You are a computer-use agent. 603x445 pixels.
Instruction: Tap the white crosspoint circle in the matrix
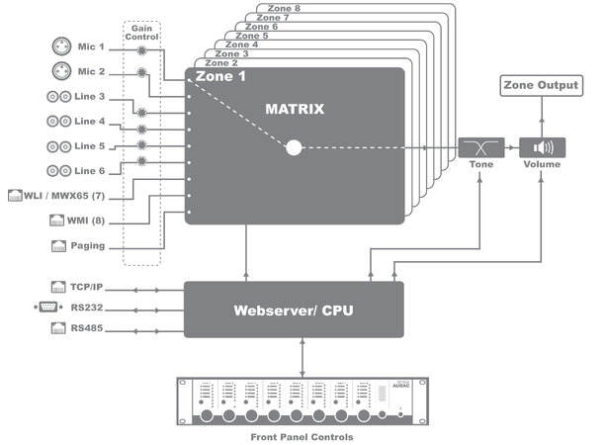click(294, 148)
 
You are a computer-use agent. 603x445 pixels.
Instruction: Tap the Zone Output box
click(541, 86)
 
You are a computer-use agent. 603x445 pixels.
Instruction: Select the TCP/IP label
click(88, 287)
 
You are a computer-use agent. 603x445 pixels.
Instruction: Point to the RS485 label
click(88, 326)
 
